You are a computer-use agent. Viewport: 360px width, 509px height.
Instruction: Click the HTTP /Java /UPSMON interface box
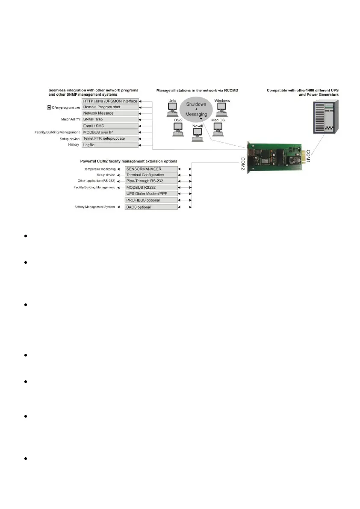110,101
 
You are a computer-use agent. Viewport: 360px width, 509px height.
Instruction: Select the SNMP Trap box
110,120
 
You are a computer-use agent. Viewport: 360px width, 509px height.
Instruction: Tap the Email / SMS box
110,126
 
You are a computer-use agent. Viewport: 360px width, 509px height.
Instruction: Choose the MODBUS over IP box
110,132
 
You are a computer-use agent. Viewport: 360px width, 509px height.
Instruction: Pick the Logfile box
110,145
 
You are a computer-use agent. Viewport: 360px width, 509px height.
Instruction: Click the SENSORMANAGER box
150,169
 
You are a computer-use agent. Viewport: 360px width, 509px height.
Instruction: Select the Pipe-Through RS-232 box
150,181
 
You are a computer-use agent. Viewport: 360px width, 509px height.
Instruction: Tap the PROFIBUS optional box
150,200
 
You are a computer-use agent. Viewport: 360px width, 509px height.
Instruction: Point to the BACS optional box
150,207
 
